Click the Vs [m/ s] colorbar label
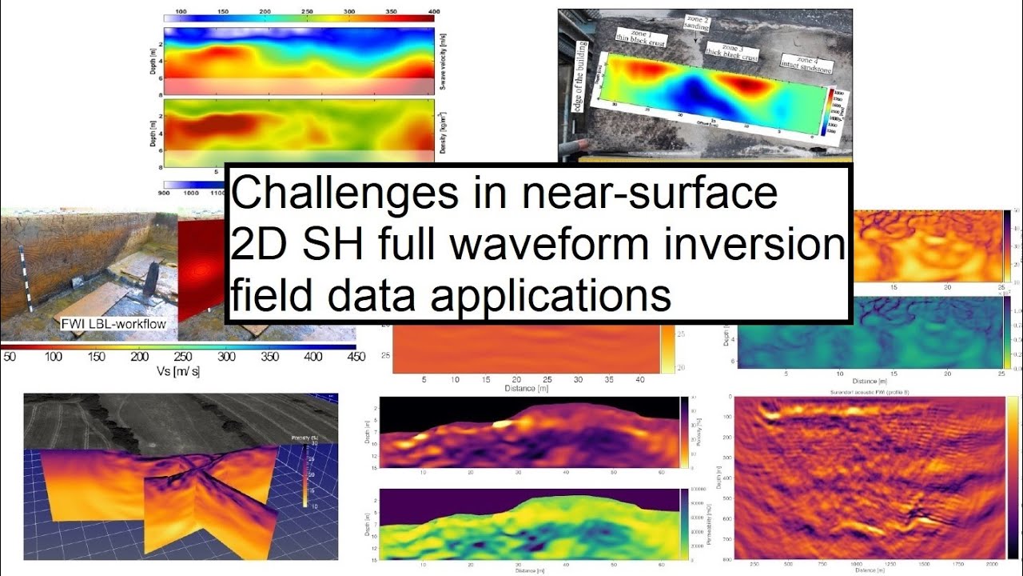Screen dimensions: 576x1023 coord(177,372)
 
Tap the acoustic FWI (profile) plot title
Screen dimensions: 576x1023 coord(869,392)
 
